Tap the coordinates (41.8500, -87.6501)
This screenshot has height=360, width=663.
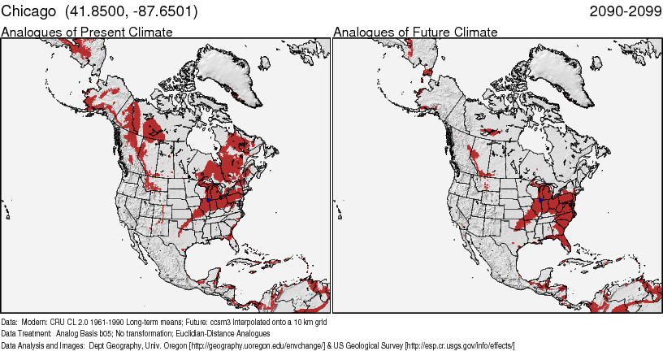(128, 12)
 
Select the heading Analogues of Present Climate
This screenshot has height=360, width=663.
(87, 32)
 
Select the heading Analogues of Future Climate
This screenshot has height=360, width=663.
(415, 32)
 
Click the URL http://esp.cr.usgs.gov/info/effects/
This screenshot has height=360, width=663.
(459, 345)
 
